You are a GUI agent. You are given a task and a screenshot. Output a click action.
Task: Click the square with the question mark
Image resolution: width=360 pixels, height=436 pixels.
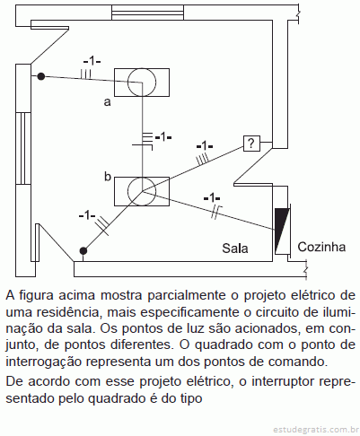(x=251, y=144)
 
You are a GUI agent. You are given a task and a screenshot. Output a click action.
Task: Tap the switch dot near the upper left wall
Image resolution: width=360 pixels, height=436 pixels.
(x=41, y=76)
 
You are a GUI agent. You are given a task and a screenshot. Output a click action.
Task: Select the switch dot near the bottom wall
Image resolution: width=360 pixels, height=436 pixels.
(x=83, y=250)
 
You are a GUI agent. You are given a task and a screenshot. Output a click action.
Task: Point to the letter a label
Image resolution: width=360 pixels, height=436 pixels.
(x=107, y=102)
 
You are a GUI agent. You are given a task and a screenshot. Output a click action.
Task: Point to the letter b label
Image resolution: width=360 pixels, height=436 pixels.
(x=108, y=177)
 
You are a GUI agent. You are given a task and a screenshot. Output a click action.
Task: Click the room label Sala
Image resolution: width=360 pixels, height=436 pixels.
(x=235, y=249)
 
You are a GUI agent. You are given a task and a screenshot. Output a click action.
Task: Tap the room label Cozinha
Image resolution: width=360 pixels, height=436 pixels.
(x=321, y=247)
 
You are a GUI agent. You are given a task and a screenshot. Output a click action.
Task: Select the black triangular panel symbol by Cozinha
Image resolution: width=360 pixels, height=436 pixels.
(x=282, y=231)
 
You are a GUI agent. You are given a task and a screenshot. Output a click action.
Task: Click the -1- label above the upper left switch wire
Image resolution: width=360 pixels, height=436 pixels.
(x=92, y=61)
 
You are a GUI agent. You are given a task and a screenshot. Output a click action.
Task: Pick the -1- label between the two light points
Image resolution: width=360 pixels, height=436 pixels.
(x=163, y=137)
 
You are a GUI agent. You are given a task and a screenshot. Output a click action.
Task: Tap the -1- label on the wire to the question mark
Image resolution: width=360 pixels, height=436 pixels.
(x=205, y=146)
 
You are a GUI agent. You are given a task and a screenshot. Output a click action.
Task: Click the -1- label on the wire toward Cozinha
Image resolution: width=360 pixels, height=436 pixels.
(x=212, y=198)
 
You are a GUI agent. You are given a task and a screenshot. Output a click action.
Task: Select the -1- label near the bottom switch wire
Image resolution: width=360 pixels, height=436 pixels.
(x=87, y=215)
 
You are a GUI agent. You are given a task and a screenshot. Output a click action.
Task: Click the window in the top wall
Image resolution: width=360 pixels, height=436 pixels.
(x=147, y=13)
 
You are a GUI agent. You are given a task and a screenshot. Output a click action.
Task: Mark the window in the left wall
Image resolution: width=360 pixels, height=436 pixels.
(x=23, y=148)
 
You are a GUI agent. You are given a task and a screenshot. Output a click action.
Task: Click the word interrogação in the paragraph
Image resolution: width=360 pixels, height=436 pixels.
(x=44, y=362)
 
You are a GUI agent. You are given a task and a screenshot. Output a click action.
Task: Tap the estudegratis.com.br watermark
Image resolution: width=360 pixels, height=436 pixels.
(x=316, y=430)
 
